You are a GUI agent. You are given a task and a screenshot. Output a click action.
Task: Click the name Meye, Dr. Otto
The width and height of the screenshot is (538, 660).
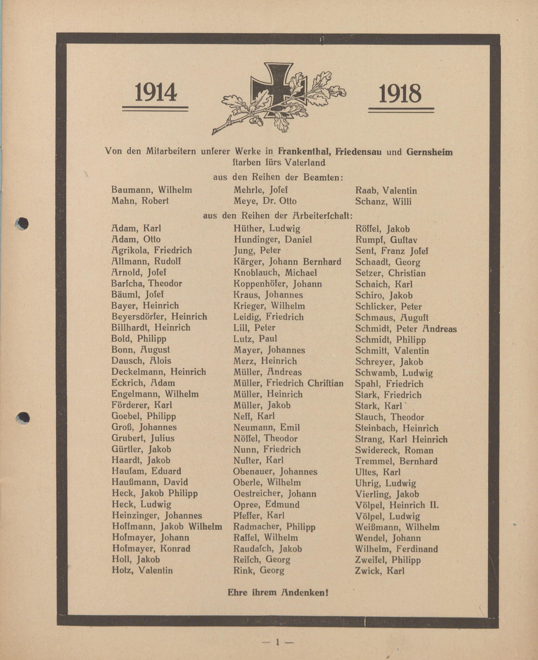(x=265, y=201)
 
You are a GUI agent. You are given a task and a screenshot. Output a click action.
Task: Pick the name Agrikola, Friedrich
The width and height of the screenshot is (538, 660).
(x=152, y=250)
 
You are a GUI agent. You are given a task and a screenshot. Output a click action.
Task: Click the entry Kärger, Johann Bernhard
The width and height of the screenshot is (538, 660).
(x=287, y=262)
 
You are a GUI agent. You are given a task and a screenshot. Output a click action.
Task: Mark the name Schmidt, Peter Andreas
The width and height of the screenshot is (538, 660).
(x=406, y=329)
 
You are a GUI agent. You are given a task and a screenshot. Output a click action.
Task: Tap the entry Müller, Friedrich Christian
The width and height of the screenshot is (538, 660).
(x=288, y=383)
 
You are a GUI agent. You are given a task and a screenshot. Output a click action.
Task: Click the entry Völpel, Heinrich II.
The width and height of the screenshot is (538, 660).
(x=397, y=505)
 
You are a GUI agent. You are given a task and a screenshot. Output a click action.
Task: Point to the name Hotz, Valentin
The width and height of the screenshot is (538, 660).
(x=142, y=570)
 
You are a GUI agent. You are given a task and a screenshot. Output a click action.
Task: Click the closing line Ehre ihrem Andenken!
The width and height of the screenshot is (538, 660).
(x=278, y=593)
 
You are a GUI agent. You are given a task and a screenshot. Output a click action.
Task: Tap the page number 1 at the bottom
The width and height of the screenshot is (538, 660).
(x=278, y=642)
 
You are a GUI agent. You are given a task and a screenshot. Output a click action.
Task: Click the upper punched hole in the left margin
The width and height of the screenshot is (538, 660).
(x=22, y=224)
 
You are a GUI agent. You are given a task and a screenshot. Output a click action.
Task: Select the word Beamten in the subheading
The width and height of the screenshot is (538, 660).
(x=323, y=177)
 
